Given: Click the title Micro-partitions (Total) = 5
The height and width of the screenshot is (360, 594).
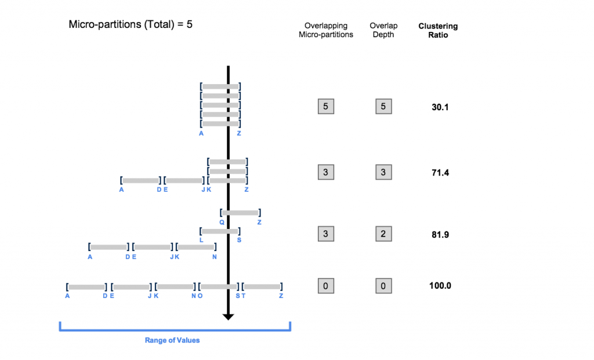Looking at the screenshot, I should [x=131, y=24].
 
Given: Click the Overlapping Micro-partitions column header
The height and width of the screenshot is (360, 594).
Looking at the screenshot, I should [x=325, y=30].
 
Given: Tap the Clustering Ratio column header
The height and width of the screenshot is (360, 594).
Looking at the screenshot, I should [x=438, y=30].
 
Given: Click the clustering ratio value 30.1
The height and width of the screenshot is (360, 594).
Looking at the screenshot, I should [x=440, y=107].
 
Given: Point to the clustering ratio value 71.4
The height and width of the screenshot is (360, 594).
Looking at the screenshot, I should [x=440, y=173].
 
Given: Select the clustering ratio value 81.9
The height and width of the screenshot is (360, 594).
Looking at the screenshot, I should [x=440, y=235].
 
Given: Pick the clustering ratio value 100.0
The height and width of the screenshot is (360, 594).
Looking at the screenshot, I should [x=440, y=286].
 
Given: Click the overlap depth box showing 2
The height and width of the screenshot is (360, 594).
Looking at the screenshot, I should [x=383, y=234].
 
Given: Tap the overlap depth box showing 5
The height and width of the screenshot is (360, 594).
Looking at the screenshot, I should [x=383, y=107].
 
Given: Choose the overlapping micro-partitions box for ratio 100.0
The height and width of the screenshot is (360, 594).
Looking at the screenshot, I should [x=325, y=286].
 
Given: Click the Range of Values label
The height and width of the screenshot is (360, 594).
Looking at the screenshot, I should [x=172, y=340].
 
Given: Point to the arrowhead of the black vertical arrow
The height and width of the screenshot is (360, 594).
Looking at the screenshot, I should [x=228, y=316].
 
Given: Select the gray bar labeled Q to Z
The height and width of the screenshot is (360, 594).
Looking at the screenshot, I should [x=241, y=213].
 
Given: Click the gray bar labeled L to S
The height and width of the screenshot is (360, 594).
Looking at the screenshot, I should [x=220, y=231].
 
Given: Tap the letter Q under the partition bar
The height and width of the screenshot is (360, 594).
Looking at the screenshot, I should [x=222, y=222].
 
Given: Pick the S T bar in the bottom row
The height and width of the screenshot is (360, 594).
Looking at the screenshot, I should [x=262, y=286].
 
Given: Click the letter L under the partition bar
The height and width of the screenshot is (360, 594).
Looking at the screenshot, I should [x=201, y=239].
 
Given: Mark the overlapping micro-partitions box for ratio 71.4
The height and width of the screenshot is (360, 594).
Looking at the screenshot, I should [x=325, y=172].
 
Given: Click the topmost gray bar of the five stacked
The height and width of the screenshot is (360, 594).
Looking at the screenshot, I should [x=220, y=87].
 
